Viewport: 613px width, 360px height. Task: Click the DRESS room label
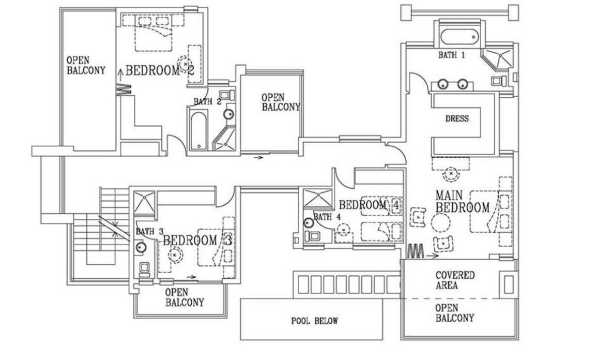tap(456, 119)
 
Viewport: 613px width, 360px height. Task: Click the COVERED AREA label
tap(455, 280)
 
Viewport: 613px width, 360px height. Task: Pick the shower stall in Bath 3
tap(144, 201)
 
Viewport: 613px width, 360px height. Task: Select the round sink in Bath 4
tap(309, 223)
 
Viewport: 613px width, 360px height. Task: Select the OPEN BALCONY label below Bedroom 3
tap(184, 297)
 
